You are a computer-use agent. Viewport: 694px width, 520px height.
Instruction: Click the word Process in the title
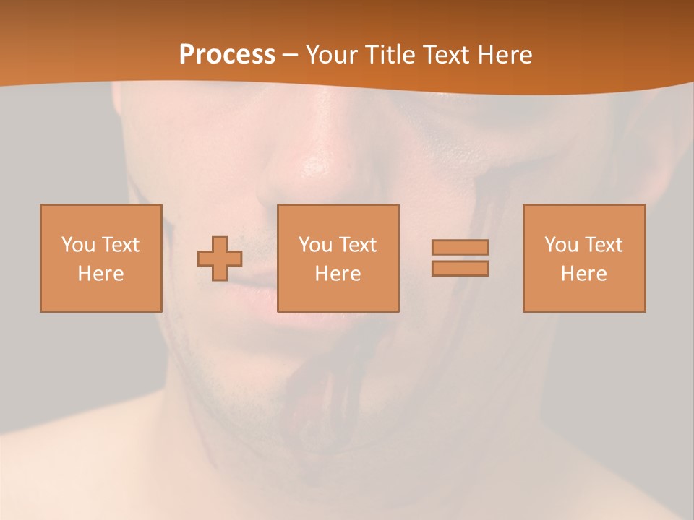point(227,55)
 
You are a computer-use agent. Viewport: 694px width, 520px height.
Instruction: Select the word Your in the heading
point(332,55)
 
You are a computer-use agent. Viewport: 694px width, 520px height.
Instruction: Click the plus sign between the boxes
point(220,259)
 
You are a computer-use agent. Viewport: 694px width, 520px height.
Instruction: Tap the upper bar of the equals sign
point(460,247)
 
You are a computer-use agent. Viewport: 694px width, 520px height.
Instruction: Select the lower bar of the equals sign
point(460,269)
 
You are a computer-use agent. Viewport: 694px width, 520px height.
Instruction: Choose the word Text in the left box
point(120,245)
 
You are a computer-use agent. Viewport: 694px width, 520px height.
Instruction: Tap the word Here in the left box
point(100,274)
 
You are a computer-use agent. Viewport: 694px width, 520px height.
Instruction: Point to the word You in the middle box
point(315,245)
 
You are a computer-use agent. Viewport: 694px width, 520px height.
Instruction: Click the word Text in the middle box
point(357,245)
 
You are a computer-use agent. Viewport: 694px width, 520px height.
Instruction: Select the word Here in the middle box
point(338,274)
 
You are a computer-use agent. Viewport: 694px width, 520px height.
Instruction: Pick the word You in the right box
point(561,245)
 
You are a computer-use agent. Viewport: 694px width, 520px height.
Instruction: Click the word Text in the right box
point(603,245)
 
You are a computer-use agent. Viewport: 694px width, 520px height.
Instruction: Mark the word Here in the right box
point(583,274)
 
